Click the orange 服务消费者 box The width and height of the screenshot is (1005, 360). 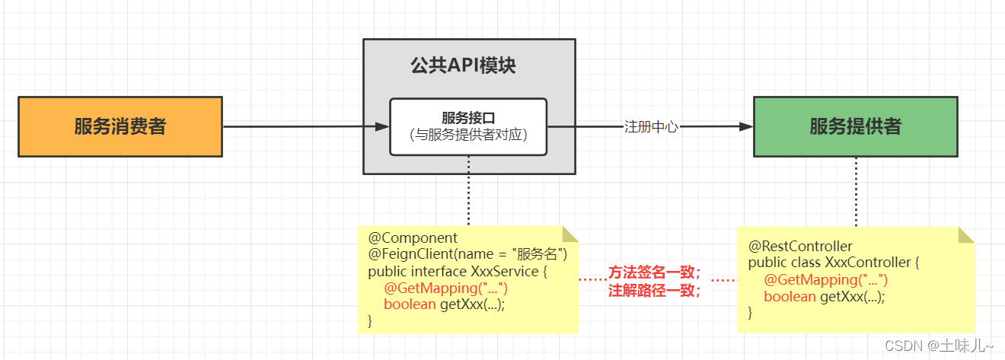pos(120,126)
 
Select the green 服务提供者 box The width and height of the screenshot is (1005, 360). pos(855,126)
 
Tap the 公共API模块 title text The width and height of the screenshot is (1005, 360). pos(463,65)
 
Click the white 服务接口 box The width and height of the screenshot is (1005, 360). pos(468,126)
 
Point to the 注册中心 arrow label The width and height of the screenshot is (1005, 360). pos(650,127)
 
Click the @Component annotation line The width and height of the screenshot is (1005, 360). pos(413,238)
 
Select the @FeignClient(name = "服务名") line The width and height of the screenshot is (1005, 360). pos(467,254)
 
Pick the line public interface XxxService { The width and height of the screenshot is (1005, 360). pos(457,271)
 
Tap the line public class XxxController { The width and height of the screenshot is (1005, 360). pos(834,263)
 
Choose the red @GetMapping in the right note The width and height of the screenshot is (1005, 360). pos(826,279)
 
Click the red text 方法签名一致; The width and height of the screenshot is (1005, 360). pos(654,272)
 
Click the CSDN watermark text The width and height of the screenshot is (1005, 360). pos(941,346)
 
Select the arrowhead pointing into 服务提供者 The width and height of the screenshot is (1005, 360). pos(747,127)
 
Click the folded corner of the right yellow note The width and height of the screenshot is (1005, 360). pos(965,234)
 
